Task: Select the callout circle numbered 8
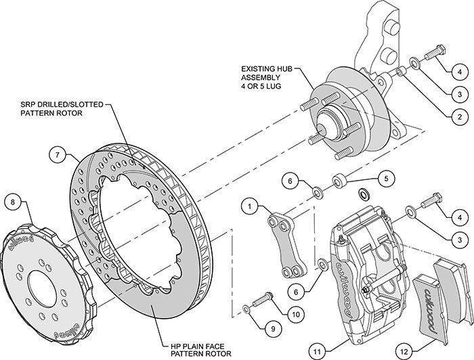click(12, 200)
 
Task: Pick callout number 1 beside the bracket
click(251, 203)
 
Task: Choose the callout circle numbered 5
click(385, 179)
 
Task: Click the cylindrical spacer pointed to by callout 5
click(339, 181)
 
